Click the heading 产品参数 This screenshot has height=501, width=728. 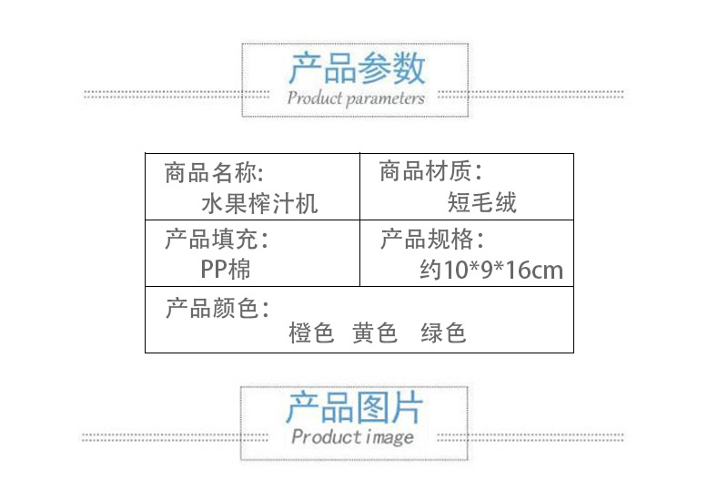tap(357, 68)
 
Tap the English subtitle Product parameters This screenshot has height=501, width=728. tap(356, 97)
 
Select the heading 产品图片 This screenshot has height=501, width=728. tap(354, 407)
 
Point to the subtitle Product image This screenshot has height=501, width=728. tap(353, 437)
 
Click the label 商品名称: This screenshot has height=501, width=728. tap(215, 171)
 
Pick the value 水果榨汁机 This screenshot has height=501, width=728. tap(259, 202)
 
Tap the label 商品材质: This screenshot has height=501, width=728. tap(430, 171)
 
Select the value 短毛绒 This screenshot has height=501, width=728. tap(481, 202)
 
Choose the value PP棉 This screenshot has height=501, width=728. tap(226, 270)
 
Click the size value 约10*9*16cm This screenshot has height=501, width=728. tap(491, 271)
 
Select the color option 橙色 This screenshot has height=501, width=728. tap(312, 333)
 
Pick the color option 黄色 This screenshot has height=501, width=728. tap(375, 333)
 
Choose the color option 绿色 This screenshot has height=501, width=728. tap(443, 333)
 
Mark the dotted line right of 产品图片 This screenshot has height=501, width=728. tap(547, 436)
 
